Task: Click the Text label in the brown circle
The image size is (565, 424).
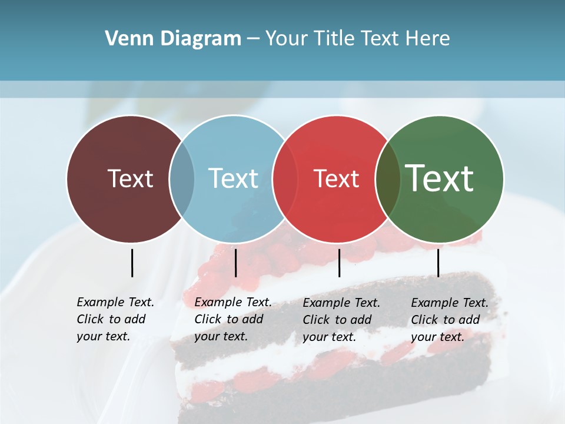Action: coord(130,178)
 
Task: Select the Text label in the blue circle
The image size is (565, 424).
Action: coord(233,178)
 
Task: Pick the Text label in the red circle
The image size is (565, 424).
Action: coord(336,179)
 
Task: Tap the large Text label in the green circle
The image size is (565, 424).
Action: coord(440,178)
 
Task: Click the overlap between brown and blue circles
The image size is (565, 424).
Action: coord(182,179)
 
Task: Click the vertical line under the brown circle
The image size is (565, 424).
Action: coord(132,263)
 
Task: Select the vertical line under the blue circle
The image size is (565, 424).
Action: coord(235,263)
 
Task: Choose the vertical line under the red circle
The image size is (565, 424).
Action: coord(339,263)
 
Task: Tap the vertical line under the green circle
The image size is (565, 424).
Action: coord(438,263)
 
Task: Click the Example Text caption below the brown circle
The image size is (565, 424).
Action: coord(115,319)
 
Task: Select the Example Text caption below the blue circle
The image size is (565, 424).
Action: coord(232,319)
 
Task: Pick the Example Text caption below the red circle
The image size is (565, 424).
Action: coord(341,320)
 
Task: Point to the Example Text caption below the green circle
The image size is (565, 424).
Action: coord(449,320)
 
